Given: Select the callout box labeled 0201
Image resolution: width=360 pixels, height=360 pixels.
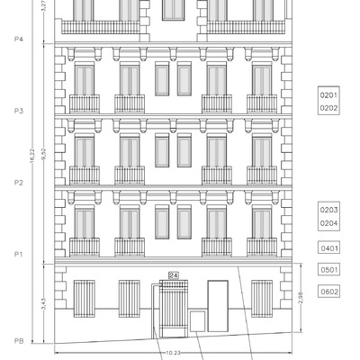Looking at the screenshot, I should pyautogui.click(x=328, y=94).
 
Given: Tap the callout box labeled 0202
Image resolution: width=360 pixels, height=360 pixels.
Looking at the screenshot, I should pyautogui.click(x=328, y=107).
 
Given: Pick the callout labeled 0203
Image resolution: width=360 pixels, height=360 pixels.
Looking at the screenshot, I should pyautogui.click(x=328, y=209).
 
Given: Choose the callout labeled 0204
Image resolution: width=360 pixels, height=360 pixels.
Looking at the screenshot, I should pyautogui.click(x=328, y=222).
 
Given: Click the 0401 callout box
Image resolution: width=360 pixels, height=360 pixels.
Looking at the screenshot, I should pyautogui.click(x=328, y=247).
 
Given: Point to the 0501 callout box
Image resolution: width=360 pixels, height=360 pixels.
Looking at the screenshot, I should pyautogui.click(x=328, y=269).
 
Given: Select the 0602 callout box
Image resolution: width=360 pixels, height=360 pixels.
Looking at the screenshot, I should pyautogui.click(x=328, y=291).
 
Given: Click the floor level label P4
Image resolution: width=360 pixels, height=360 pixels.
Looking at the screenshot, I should pyautogui.click(x=19, y=40).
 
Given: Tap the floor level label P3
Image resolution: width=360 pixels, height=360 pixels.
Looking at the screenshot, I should pyautogui.click(x=19, y=111).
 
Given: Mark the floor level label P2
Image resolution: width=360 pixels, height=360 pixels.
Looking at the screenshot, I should pyautogui.click(x=19, y=183).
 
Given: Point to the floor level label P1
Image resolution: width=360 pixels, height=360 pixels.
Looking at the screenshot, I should pyautogui.click(x=19, y=255).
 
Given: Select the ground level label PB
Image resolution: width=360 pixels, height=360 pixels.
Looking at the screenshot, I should pyautogui.click(x=19, y=341).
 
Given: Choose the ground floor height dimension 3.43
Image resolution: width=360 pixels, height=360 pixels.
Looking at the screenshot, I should pyautogui.click(x=43, y=304).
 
